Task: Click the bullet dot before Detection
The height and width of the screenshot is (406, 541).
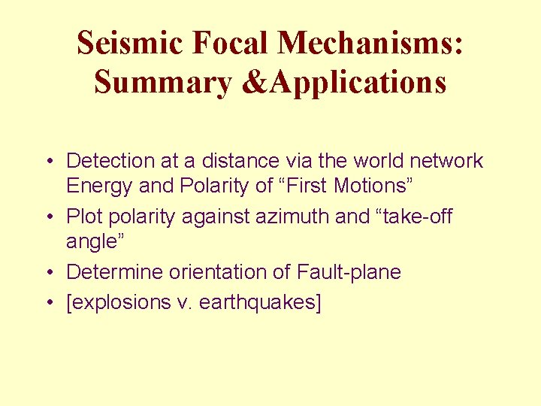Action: click(47, 161)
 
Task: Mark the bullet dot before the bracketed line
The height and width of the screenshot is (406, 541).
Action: click(47, 303)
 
